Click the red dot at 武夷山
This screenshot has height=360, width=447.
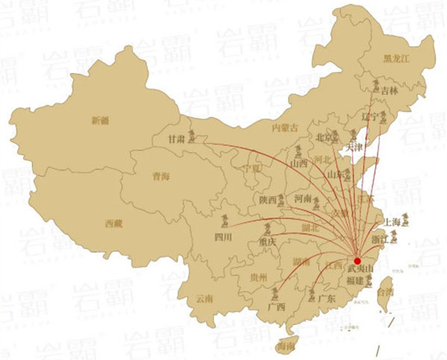point(357,261)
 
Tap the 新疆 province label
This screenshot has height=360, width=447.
point(100,120)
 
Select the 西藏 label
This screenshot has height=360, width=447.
point(113,223)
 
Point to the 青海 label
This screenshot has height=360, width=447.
point(161,177)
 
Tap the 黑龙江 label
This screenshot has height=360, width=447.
point(396,57)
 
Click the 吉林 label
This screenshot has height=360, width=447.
point(389,90)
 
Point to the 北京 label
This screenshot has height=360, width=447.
point(323,137)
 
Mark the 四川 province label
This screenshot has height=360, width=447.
point(223,237)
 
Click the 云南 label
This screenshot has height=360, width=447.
point(205,298)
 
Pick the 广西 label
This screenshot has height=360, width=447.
point(276,306)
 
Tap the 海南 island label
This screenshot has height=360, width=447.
point(285,347)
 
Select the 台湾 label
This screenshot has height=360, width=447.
point(385,293)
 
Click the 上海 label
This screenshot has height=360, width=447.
point(391,221)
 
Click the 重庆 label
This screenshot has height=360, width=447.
point(267,242)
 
